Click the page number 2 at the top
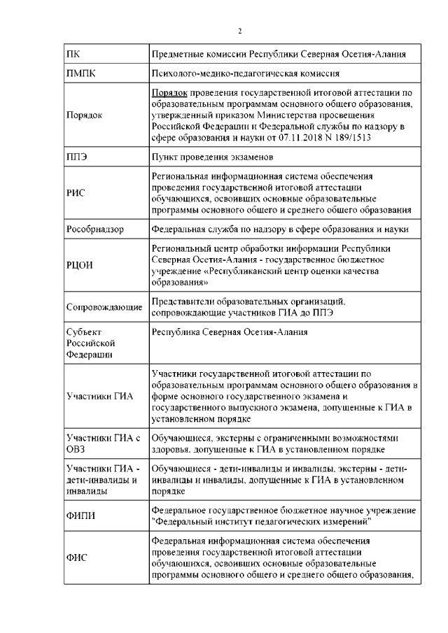tap(239, 31)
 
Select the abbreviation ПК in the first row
tap(73, 55)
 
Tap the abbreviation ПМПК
tap(82, 73)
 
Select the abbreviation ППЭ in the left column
tap(77, 158)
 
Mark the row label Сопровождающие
tap(104, 307)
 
